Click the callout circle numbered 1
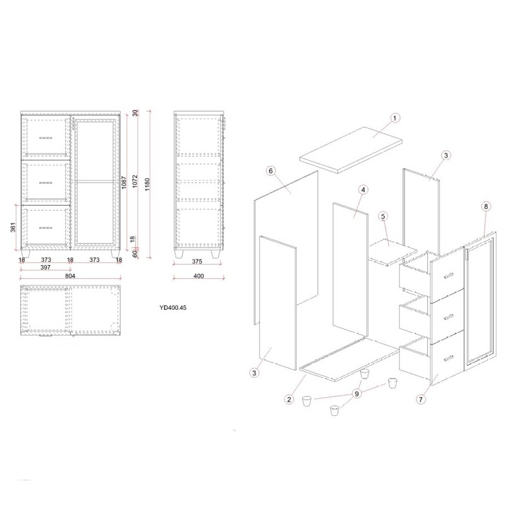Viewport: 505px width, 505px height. click(395, 118)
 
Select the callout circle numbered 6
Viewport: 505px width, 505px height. click(271, 170)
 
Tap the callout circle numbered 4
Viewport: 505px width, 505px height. click(363, 190)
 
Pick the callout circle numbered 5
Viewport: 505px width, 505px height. click(383, 216)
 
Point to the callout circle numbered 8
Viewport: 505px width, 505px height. click(486, 206)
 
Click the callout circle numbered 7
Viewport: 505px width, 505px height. click(420, 400)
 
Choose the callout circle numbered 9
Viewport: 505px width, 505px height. click(357, 393)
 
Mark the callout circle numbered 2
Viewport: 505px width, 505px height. click(289, 400)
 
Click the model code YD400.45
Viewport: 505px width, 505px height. click(173, 307)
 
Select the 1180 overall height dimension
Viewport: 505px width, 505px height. click(147, 184)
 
